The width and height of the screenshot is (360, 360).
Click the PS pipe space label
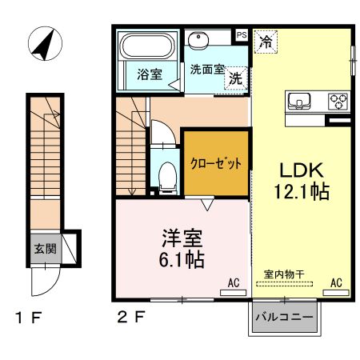pos(241,34)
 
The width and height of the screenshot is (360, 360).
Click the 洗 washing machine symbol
pos(235,78)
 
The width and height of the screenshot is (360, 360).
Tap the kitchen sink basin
pos(300,102)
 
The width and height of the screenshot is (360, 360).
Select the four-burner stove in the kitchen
pos(338,102)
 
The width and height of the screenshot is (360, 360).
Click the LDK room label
pos(300,170)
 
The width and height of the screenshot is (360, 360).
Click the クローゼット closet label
pos(215,162)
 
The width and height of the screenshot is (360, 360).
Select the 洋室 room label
pos(181,238)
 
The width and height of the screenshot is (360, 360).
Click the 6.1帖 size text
pos(180,259)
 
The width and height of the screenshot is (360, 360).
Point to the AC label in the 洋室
pos(234,282)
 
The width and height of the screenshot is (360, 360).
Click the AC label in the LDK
pos(336,282)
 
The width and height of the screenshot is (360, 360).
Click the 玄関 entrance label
pos(45,249)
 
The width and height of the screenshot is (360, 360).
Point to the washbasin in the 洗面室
pos(198,40)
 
